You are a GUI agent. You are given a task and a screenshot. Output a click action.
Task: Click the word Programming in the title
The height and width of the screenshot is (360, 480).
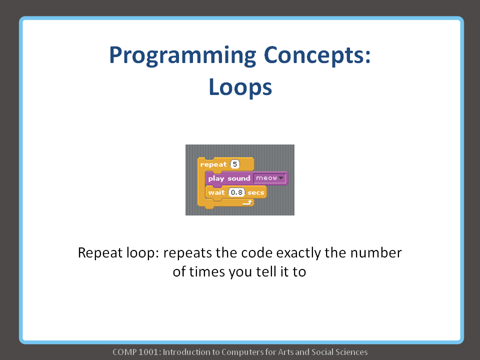point(182,56)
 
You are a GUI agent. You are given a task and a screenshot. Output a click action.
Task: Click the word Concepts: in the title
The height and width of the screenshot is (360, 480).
point(317,55)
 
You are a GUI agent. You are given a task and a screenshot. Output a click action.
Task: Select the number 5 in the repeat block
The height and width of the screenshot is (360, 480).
point(235,164)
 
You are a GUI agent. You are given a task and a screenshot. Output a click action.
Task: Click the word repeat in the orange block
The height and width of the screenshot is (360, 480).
point(213,164)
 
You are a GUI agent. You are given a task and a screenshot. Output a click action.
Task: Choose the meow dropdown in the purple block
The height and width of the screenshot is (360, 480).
point(269,178)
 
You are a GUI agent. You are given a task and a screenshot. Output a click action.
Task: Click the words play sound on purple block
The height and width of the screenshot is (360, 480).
point(229,178)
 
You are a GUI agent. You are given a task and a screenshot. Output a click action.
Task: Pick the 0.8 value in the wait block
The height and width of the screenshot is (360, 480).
point(236,192)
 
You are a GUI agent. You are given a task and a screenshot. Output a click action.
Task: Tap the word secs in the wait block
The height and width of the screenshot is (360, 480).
point(255,192)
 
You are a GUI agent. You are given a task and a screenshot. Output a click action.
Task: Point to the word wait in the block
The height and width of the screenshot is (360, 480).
point(216,192)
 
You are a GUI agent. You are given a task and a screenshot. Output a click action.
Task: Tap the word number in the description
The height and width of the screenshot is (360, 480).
point(375,253)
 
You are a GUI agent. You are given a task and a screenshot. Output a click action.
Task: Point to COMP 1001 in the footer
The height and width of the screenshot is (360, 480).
point(135,352)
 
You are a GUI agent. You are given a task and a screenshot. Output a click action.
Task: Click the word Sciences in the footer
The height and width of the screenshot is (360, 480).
point(351,352)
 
